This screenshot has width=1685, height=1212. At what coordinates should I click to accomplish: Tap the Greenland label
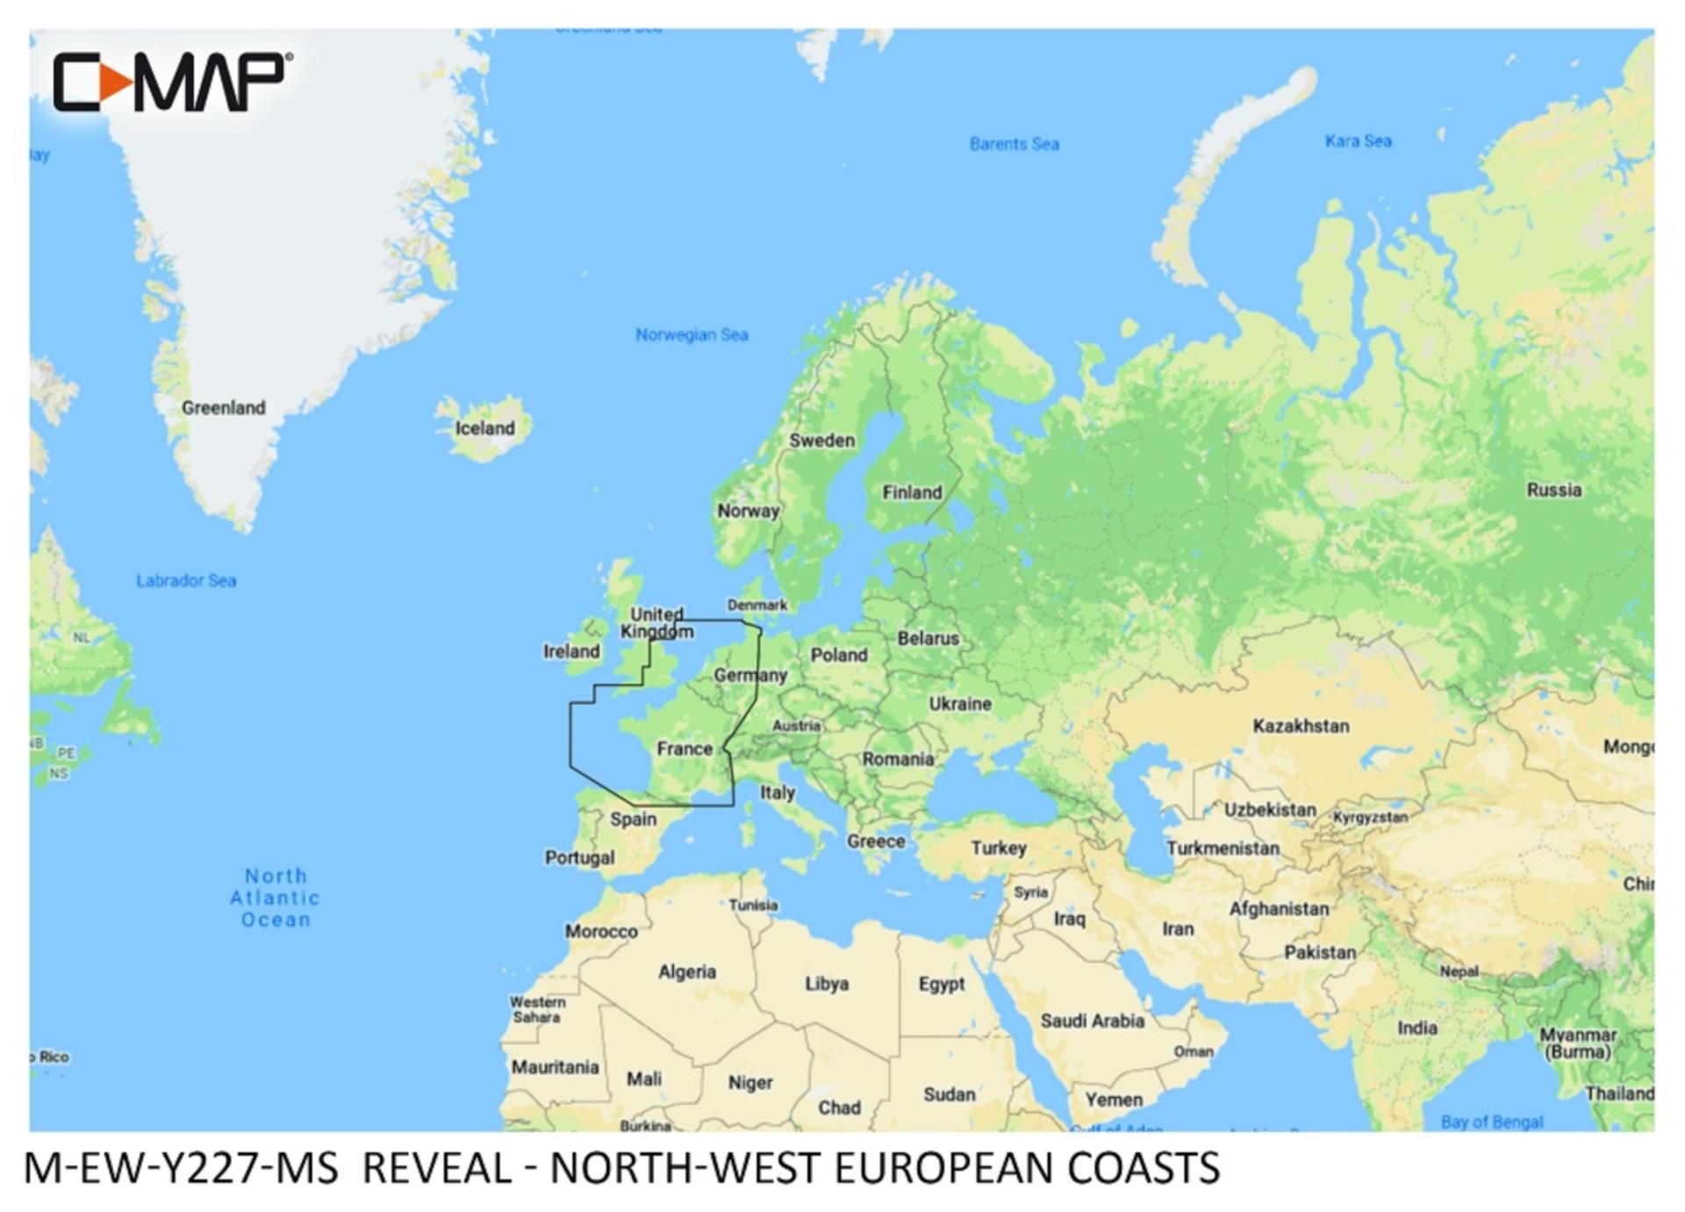223,407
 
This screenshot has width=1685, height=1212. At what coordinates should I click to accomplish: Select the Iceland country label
484,428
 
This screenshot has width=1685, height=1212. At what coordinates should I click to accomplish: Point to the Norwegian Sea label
692,334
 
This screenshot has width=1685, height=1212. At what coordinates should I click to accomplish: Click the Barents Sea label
1014,144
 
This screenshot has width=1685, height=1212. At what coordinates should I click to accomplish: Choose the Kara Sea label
1358,141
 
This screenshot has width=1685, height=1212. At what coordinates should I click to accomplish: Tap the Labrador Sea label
186,580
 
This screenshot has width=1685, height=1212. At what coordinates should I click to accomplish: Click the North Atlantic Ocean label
276,898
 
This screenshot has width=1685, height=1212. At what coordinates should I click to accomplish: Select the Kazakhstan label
1301,726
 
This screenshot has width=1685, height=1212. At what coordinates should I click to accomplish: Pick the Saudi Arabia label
1092,1021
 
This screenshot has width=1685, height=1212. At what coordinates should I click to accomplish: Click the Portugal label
579,857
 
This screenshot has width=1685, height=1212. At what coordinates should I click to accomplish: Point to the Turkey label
999,848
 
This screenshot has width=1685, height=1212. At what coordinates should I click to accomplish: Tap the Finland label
912,492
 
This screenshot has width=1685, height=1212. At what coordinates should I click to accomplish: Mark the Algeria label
687,972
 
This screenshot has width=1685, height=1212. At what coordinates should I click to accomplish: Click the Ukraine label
960,704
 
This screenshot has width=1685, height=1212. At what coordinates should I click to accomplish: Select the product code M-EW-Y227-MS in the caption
181,1168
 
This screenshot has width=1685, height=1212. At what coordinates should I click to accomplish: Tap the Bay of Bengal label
1491,1122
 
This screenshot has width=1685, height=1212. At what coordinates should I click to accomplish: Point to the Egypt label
942,984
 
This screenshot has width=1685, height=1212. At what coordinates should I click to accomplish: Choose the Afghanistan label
1279,909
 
